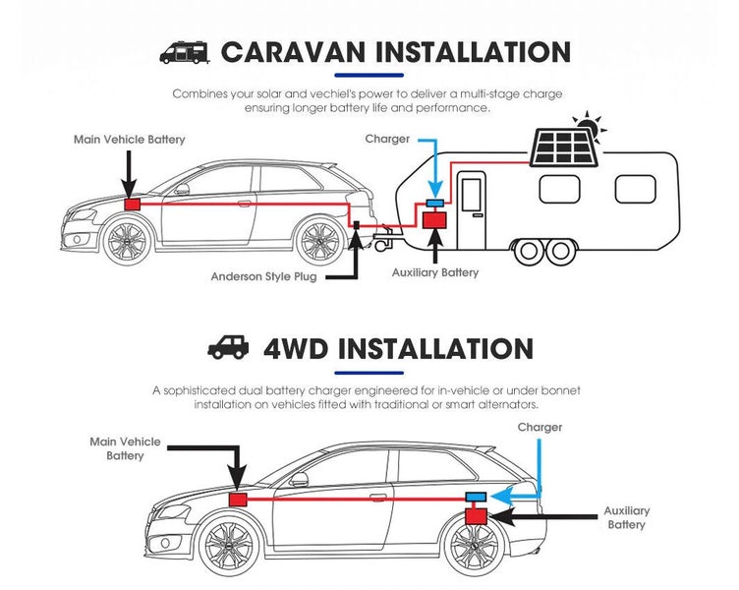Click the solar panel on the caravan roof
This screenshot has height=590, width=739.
point(564,148)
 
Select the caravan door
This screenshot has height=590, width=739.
point(472,209)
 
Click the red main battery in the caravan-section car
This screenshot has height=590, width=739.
point(133,205)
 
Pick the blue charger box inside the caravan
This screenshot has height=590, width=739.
point(435,204)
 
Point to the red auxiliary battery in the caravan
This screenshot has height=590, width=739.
point(434,220)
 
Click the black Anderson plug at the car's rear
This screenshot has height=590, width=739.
point(357,225)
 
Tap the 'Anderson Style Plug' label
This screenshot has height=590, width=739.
point(264,276)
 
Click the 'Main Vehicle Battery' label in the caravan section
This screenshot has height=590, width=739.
point(129,140)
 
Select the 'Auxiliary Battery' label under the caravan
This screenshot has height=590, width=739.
point(435,272)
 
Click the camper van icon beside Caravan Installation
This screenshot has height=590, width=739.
point(185,52)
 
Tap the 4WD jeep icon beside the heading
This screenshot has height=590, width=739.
point(229,347)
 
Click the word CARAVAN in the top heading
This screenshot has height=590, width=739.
point(293,52)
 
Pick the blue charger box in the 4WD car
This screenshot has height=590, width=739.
point(476,497)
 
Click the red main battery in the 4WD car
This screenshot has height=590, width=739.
point(238,500)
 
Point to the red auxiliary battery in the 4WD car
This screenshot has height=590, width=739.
point(477,516)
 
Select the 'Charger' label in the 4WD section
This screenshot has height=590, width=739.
point(540,428)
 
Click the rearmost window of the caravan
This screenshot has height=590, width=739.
point(635,189)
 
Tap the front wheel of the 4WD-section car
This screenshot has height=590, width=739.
point(230,545)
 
